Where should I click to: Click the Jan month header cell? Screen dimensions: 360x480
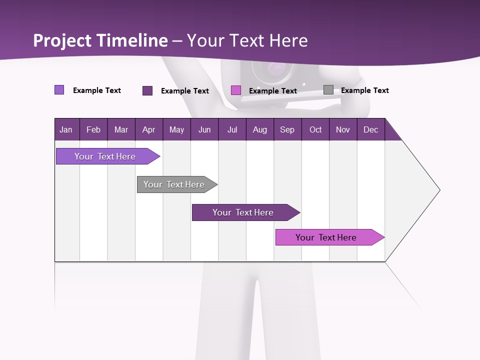point(66,129)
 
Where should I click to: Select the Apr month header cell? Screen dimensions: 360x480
point(149,129)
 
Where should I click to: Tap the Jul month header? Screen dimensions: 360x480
point(232,129)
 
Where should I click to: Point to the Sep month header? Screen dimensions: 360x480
point(287,129)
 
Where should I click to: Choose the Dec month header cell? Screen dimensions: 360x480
point(370,129)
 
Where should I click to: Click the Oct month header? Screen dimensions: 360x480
point(315,129)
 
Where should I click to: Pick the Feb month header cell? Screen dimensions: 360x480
point(93,129)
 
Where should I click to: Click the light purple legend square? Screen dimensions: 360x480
point(59,90)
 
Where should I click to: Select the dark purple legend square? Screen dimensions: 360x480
point(147,90)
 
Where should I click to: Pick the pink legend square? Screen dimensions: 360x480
point(236,90)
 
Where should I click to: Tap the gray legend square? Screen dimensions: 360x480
point(328,90)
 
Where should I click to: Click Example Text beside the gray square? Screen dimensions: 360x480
point(364,90)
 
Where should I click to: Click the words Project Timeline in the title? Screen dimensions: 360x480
point(100,40)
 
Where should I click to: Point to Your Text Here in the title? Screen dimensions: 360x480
point(247,40)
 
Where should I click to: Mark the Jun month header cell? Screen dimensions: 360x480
point(204,129)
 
